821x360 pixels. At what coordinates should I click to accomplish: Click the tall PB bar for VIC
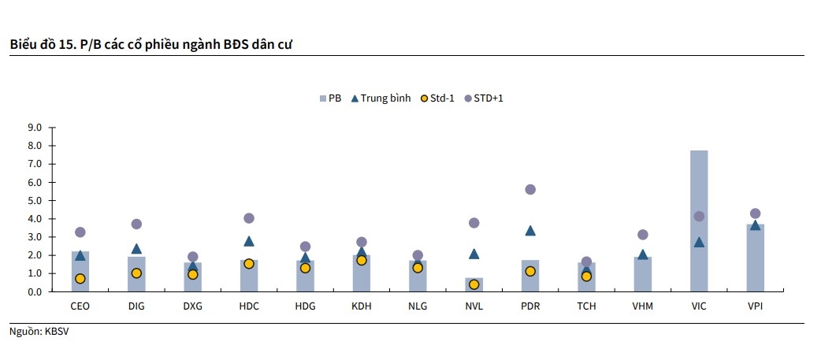click(699, 221)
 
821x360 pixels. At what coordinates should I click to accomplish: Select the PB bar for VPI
click(755, 260)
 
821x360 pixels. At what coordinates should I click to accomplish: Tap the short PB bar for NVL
click(474, 285)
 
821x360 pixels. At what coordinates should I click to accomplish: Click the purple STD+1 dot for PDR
click(530, 189)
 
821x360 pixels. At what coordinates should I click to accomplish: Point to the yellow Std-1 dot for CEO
click(80, 278)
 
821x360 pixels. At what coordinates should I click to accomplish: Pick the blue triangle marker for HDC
click(249, 241)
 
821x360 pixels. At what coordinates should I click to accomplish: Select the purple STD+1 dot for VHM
click(643, 235)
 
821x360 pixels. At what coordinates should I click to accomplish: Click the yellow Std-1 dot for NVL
click(474, 284)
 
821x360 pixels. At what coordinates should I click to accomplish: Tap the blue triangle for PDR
click(530, 231)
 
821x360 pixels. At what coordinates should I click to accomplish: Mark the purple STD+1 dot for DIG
click(136, 224)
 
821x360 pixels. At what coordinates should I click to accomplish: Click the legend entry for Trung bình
click(381, 98)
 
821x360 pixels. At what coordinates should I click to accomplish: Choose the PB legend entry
click(329, 98)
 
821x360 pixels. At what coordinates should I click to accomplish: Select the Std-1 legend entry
click(437, 98)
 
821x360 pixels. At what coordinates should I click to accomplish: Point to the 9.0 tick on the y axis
click(35, 128)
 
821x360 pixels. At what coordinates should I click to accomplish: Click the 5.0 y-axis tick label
click(35, 201)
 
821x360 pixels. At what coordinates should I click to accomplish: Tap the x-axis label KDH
click(362, 306)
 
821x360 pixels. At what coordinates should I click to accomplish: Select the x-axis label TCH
click(586, 306)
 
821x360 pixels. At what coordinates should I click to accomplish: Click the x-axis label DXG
click(192, 306)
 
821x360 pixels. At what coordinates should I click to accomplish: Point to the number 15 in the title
click(65, 43)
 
